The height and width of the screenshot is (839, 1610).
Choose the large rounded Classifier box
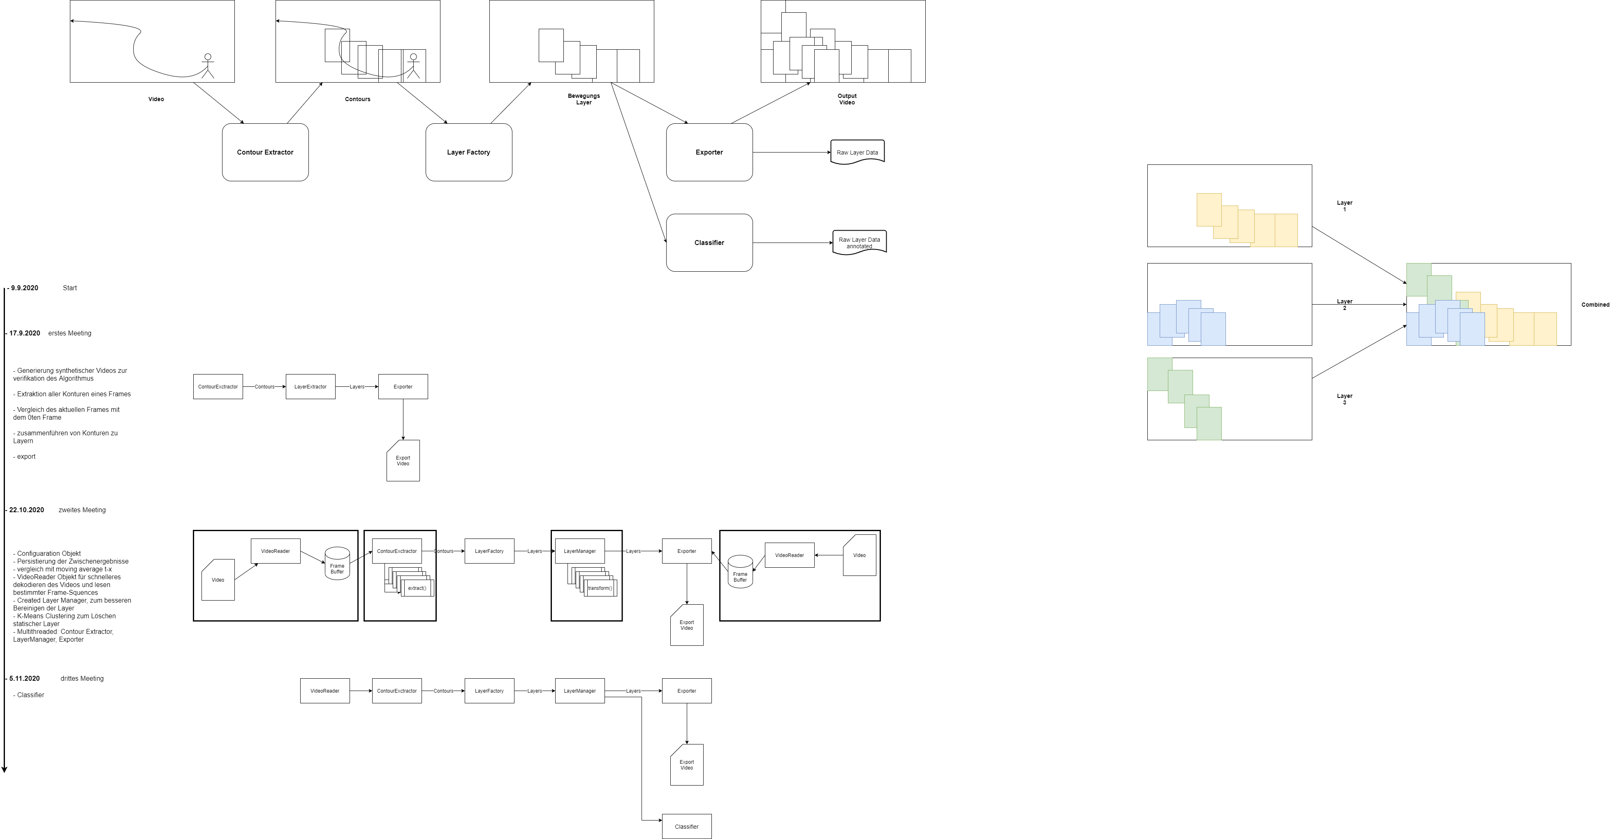(709, 243)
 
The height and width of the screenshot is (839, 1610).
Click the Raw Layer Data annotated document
(859, 243)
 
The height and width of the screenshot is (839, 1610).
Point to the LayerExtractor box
(310, 387)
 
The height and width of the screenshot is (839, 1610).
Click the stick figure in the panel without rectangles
(208, 66)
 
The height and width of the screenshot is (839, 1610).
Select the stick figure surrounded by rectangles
(413, 66)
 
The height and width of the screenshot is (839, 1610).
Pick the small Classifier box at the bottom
(687, 827)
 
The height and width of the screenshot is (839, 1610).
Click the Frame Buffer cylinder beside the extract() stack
(338, 564)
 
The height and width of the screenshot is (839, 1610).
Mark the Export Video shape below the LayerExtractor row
(403, 461)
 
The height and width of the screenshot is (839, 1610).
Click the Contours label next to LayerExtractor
(264, 387)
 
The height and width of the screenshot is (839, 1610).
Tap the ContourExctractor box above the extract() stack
(397, 551)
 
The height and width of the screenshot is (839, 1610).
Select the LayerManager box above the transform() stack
(580, 551)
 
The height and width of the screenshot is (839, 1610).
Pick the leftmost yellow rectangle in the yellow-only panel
(1208, 209)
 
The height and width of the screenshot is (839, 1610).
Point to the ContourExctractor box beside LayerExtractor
(218, 387)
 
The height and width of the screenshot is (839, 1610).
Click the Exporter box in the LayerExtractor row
(403, 387)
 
